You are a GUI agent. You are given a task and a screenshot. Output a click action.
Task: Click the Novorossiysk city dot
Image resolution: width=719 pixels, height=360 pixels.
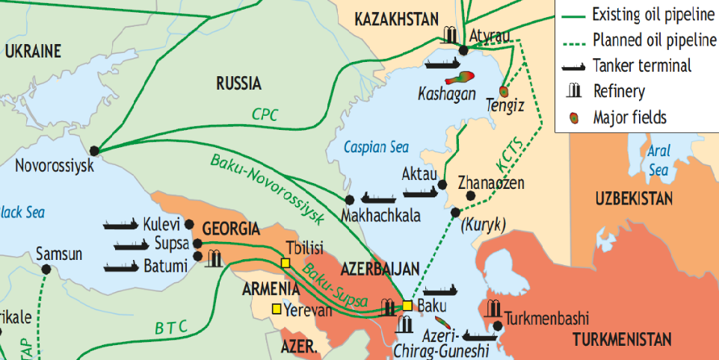93,150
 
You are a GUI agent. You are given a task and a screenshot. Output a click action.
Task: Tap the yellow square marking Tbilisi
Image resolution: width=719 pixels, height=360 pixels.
285,262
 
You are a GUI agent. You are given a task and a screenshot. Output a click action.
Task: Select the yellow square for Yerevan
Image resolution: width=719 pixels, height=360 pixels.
276,308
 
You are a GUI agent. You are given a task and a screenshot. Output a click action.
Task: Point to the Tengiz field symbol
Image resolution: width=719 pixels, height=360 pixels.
503,91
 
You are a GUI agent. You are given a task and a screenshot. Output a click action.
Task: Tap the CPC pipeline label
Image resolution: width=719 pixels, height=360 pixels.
265,114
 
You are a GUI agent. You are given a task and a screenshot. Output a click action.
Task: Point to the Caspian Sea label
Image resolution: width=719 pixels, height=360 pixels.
376,147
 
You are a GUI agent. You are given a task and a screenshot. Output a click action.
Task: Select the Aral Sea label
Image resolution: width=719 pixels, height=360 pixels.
658,160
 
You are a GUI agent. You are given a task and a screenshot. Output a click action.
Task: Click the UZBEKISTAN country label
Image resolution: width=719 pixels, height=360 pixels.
634,199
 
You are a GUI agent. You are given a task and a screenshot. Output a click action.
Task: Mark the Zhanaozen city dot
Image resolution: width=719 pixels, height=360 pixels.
470,196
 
